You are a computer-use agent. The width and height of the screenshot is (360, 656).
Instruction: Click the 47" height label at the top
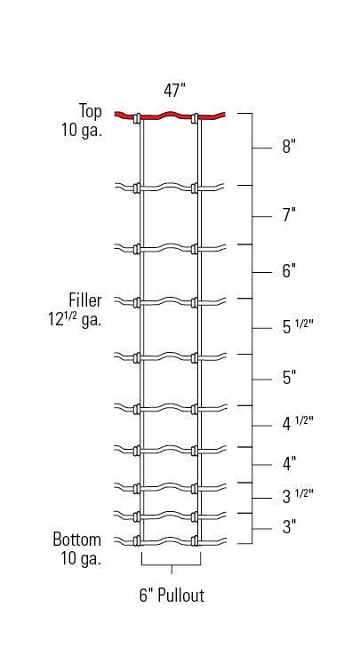tap(174, 90)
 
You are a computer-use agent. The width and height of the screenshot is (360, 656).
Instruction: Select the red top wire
tap(170, 115)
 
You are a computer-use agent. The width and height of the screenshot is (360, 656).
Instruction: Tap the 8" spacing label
tap(289, 147)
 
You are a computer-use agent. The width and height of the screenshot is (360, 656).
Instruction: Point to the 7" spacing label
tap(289, 215)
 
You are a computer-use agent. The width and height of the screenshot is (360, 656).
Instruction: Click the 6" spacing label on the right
tap(289, 271)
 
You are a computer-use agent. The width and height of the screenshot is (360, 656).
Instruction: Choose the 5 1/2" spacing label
tap(298, 326)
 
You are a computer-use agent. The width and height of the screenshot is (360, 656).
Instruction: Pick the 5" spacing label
tap(289, 378)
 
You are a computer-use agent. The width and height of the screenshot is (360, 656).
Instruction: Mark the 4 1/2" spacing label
tap(298, 423)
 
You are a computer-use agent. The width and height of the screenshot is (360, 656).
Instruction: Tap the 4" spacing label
tap(289, 463)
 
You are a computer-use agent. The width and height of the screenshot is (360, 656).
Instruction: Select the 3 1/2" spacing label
tap(298, 496)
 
